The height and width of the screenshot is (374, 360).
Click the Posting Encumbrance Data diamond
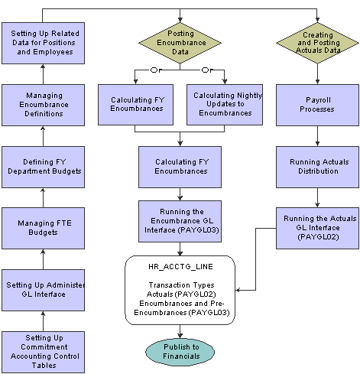[180, 43]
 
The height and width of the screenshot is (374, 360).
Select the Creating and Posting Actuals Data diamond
[317, 43]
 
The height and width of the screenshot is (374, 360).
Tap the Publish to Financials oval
[180, 352]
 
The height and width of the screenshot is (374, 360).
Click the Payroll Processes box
[317, 105]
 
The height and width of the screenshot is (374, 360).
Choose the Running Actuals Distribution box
[317, 167]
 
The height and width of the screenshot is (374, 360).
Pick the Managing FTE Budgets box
[43, 228]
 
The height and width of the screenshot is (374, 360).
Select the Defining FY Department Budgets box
[43, 167]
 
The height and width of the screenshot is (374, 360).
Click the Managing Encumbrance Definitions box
[43, 105]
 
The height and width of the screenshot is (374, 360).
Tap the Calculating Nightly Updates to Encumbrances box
[225, 105]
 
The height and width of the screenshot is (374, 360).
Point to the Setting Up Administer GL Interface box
[43, 290]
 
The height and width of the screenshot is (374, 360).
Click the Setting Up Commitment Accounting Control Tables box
[43, 352]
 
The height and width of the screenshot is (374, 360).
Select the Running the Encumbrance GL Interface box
[180, 221]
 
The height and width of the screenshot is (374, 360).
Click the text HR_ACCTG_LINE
[180, 267]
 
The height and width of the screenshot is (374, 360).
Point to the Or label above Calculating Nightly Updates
[207, 70]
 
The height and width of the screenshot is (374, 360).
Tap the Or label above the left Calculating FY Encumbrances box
[156, 70]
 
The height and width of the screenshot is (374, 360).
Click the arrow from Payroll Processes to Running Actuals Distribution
[317, 136]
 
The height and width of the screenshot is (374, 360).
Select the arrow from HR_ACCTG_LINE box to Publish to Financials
[180, 331]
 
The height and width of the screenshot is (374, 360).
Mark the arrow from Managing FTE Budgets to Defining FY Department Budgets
[43, 197]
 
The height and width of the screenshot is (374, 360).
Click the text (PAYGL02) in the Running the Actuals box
[318, 237]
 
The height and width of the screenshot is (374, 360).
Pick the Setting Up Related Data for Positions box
[43, 43]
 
